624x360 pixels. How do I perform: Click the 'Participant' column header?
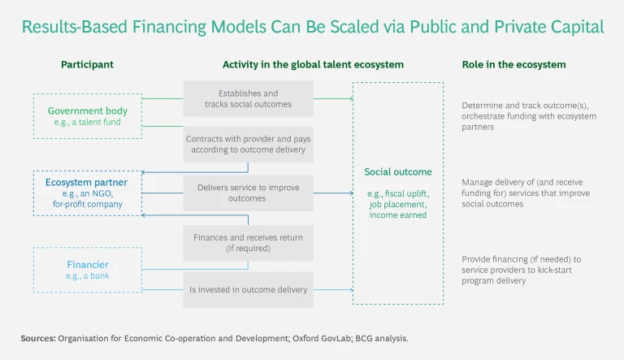87,64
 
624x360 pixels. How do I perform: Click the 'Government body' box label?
85,110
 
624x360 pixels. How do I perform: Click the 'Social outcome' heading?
397,171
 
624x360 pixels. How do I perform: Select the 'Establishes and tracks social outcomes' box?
248,99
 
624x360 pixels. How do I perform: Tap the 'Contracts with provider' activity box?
248,144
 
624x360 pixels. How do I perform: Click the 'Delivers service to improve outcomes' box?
248,193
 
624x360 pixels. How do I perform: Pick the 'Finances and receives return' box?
248,242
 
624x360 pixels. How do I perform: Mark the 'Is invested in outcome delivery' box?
248,289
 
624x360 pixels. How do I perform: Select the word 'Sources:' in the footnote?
38,336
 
